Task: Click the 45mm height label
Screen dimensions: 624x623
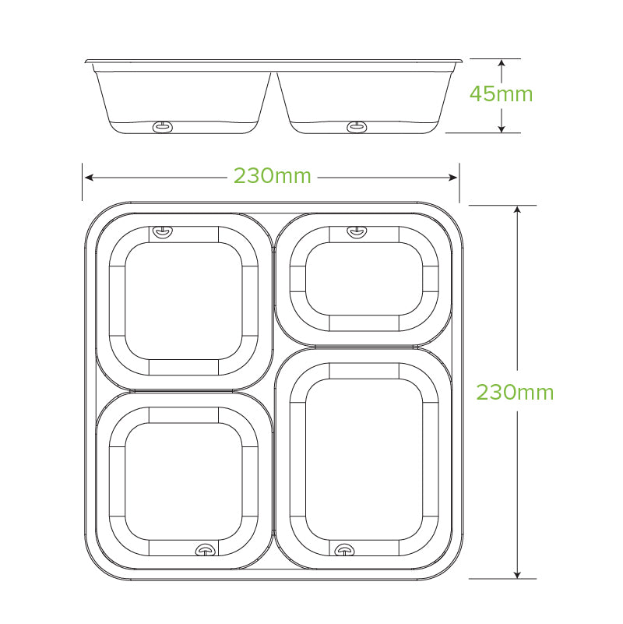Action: click(501, 94)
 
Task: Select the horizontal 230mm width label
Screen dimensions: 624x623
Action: click(272, 177)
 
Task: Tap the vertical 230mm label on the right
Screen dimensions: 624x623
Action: click(515, 392)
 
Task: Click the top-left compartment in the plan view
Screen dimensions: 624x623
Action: click(184, 300)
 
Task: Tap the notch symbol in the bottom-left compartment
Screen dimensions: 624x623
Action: click(205, 550)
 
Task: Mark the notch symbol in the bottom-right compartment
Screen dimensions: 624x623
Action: click(343, 550)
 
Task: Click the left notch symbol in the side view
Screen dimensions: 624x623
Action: click(163, 126)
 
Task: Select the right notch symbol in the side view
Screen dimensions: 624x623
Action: click(357, 126)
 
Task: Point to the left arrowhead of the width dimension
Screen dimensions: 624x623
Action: click(87, 177)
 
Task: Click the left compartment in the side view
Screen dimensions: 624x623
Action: click(184, 97)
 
